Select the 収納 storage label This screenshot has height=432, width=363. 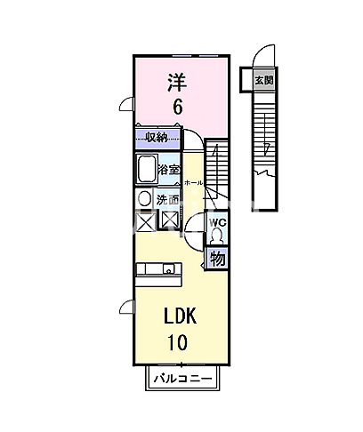157,137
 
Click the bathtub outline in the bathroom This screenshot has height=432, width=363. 146,168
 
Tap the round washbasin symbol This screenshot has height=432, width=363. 144,199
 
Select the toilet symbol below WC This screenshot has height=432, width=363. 217,236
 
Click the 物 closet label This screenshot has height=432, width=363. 216,260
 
